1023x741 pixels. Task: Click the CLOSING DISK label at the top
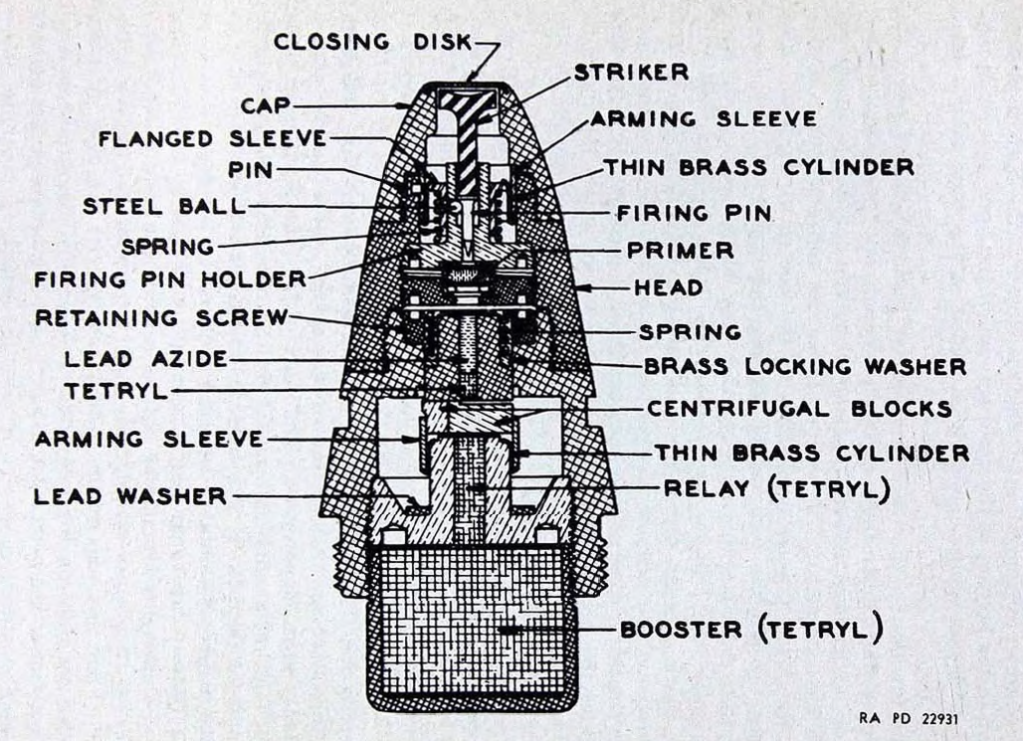point(372,43)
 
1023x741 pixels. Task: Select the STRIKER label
point(631,73)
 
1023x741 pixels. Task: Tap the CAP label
point(266,105)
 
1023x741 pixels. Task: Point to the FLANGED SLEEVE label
point(213,139)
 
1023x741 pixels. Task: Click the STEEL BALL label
point(164,207)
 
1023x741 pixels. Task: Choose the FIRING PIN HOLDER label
point(170,279)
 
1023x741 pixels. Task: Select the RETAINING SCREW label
point(161,317)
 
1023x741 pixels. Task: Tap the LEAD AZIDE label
point(146,359)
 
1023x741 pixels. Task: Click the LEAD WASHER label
point(130,496)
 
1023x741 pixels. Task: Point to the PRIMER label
point(681,251)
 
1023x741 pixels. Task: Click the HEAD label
point(669,287)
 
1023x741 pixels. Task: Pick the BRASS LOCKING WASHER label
point(805,367)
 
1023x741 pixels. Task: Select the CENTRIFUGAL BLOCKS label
point(800,409)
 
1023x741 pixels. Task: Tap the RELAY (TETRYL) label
point(777,488)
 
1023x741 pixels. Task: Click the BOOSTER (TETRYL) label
point(751,630)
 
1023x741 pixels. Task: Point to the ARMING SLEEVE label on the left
point(149,439)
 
